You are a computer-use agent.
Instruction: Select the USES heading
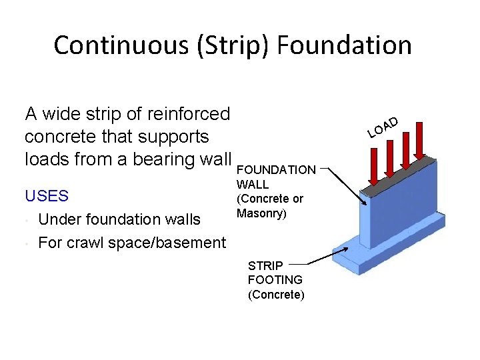46,196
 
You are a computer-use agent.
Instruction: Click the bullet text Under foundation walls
119,219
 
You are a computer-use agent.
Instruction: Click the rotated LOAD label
383,127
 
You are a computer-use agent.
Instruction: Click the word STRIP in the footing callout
265,265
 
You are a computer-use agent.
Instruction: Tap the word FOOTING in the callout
275,280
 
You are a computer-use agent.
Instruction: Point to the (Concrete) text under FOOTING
276,295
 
